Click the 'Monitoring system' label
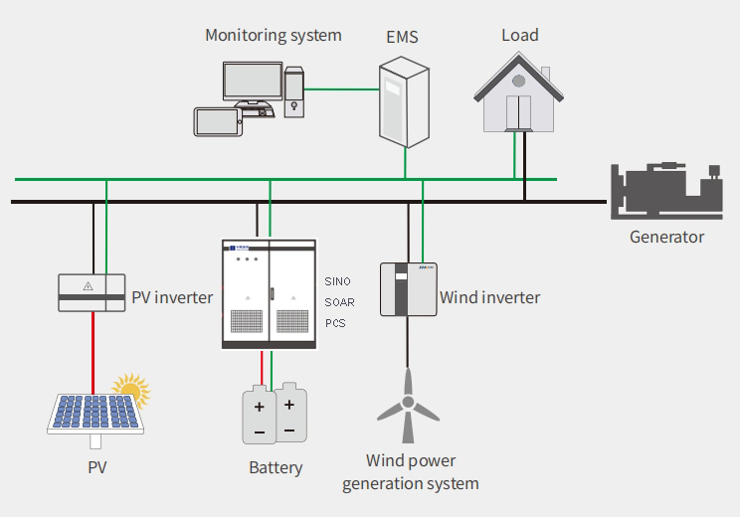[x=273, y=36]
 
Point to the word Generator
[x=666, y=237]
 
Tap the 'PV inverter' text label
[x=172, y=297]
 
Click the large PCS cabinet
[x=268, y=293]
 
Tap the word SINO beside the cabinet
[x=338, y=281]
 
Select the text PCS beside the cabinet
[x=335, y=323]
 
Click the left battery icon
[x=258, y=416]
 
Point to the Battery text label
[x=276, y=467]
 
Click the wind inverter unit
[x=409, y=289]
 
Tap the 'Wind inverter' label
[x=489, y=297]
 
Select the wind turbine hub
[x=407, y=402]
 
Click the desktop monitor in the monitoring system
[x=252, y=84]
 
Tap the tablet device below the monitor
[x=217, y=121]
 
